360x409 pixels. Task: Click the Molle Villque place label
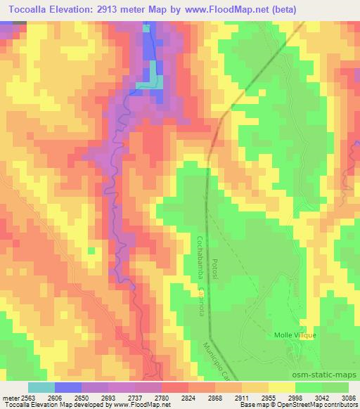click(x=295, y=335)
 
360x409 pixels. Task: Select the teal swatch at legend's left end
click(x=41, y=387)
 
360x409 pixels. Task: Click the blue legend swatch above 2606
click(x=67, y=387)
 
